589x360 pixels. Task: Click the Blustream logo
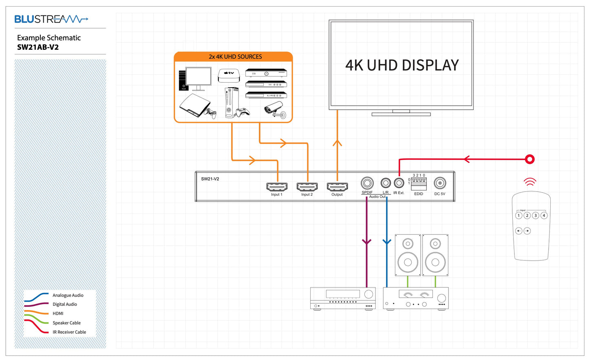51,19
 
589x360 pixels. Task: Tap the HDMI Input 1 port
277,187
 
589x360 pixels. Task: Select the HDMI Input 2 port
307,187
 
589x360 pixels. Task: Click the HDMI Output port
337,187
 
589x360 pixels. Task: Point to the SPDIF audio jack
367,183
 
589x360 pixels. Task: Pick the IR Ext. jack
399,183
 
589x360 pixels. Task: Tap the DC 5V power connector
440,183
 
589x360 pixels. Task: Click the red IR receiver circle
529,159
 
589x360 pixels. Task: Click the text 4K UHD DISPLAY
402,65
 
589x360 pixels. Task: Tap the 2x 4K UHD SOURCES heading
235,57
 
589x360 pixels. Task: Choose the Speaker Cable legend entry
66,323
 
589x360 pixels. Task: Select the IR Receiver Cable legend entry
69,332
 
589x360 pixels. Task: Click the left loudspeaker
408,255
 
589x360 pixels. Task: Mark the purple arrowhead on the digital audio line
367,242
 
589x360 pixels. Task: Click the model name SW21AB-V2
38,47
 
